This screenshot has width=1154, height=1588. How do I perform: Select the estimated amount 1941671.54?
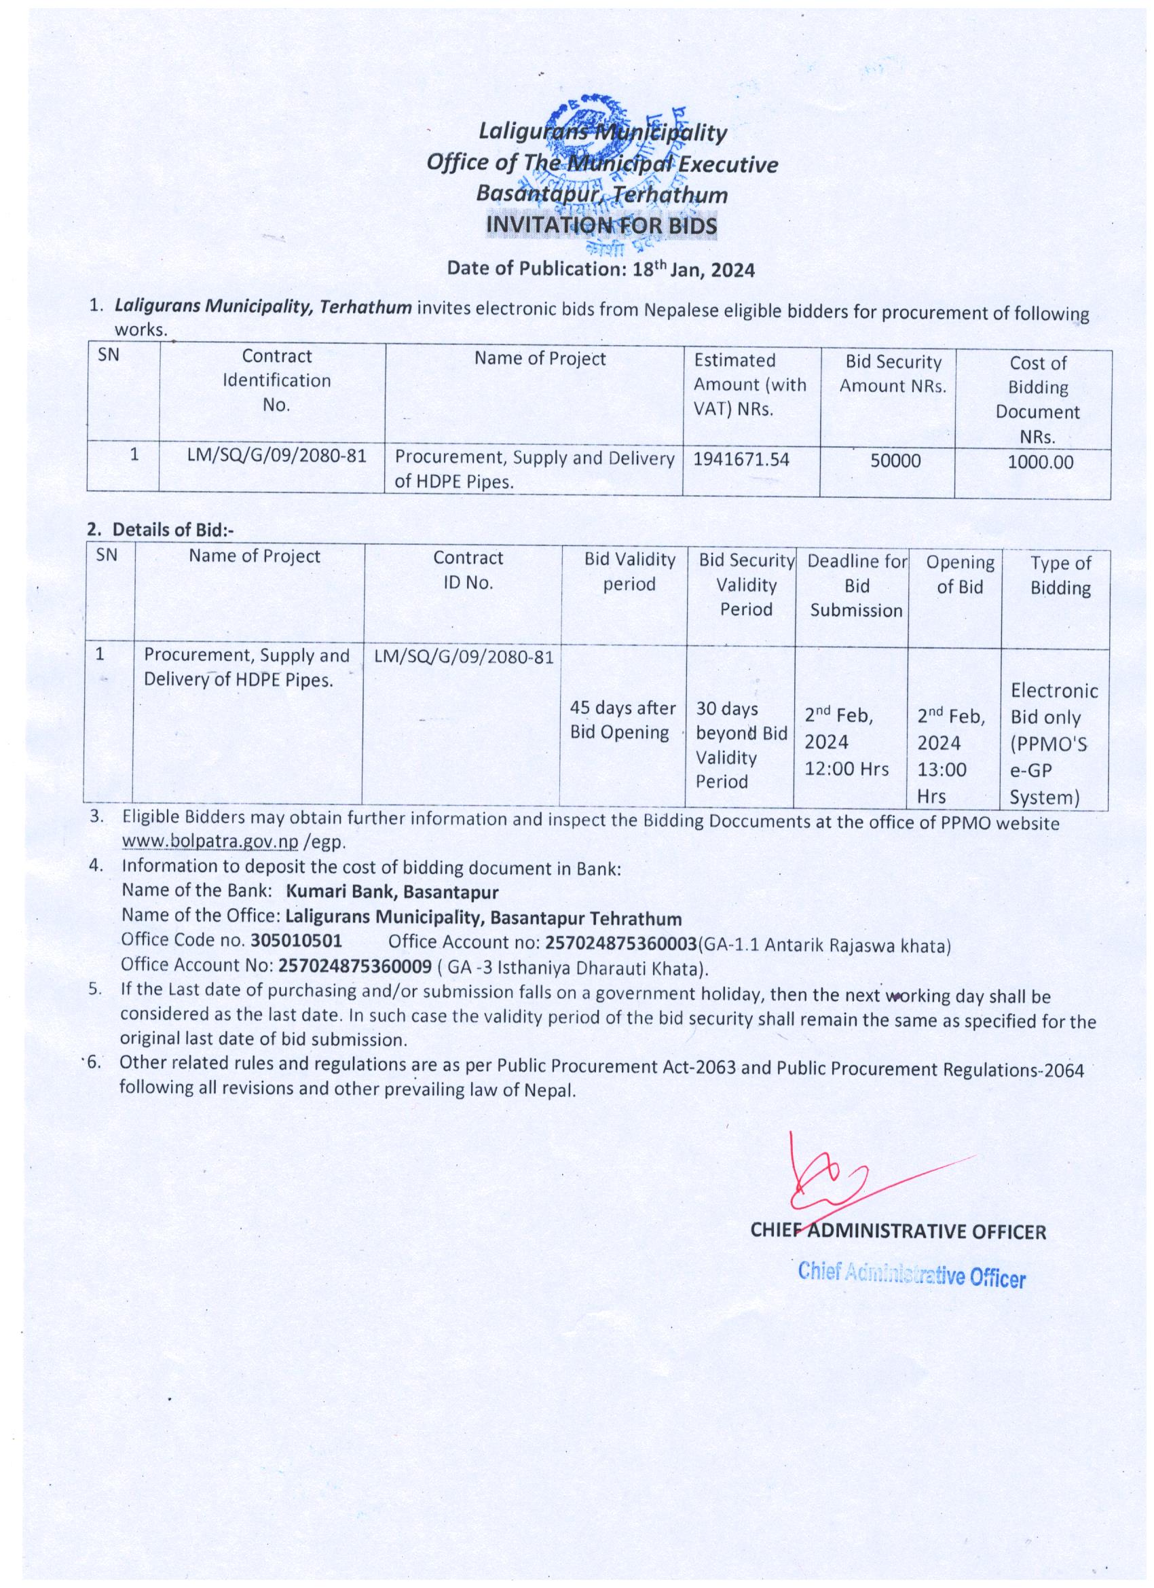pos(741,459)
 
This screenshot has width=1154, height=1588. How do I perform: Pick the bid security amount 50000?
pos(895,461)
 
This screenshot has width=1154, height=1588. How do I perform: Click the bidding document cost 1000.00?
pos(1041,462)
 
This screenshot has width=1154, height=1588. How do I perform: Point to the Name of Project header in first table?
pos(540,359)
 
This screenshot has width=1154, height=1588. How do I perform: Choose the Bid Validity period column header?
pos(629,571)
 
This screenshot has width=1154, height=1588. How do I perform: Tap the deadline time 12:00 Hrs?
pos(846,769)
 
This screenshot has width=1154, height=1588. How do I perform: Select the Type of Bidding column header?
pos(1060,575)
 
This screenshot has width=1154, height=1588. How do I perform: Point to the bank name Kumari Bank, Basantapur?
pos(392,892)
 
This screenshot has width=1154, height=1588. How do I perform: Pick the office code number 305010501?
pos(296,940)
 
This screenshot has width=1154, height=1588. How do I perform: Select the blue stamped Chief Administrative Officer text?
pos(911,1275)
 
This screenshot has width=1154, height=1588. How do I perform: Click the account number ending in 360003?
pos(621,943)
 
